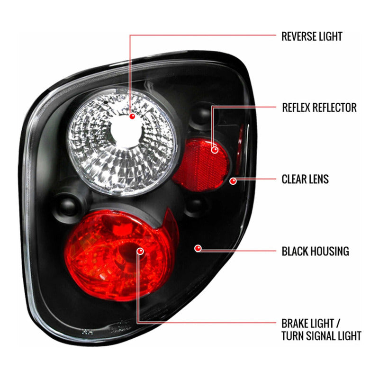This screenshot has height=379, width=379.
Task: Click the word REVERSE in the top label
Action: point(299,36)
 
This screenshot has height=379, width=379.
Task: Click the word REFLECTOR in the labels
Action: point(334,108)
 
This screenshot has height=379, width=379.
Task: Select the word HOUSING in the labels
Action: point(329,251)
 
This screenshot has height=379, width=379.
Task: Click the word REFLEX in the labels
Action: point(297,108)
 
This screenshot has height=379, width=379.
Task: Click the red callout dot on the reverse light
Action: point(132,116)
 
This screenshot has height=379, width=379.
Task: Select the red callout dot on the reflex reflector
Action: point(215,150)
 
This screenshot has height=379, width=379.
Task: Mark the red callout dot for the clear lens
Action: point(233,181)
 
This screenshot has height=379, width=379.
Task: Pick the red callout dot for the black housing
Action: point(198,248)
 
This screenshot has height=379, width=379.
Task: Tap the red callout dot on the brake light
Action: point(140,251)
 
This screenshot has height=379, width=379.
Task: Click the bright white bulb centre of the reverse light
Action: point(126,133)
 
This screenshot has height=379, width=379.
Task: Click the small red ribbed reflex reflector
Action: point(201,165)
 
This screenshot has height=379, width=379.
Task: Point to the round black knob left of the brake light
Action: point(68,207)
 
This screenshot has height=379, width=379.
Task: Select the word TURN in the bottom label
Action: point(292,336)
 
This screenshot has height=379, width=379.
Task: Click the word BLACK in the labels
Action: point(295,251)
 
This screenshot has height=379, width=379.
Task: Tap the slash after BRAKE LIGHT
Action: point(338,323)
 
